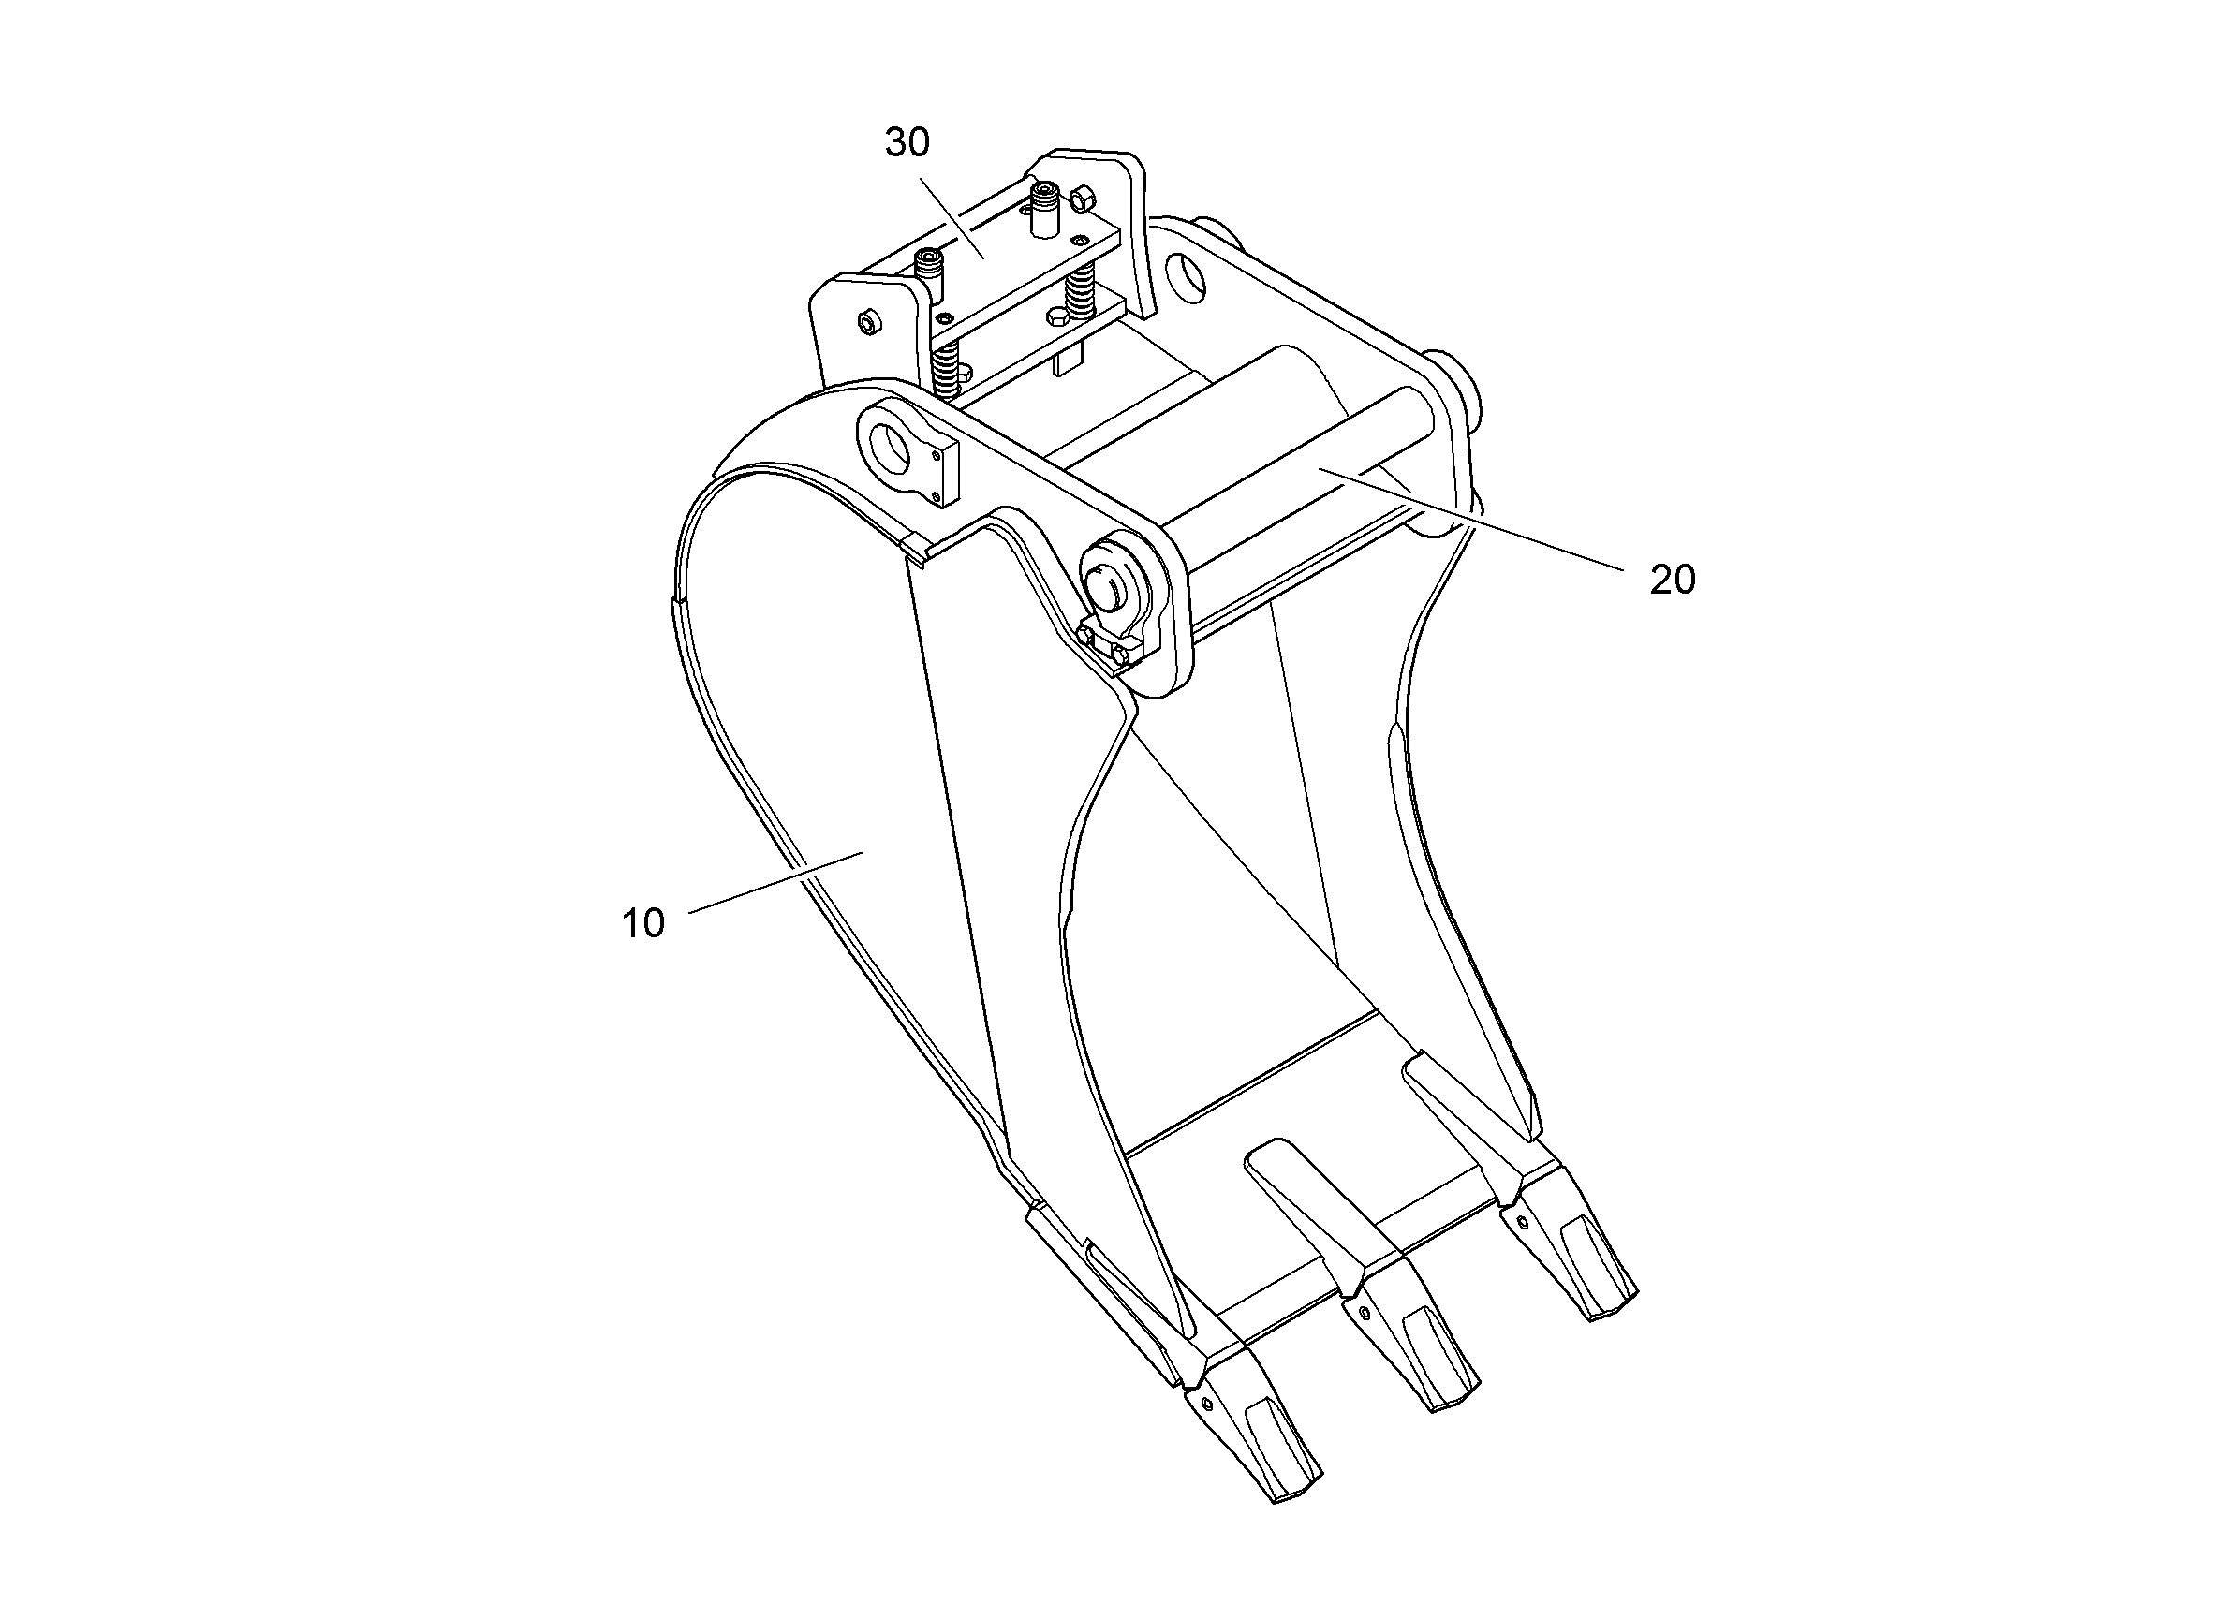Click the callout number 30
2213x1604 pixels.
907,143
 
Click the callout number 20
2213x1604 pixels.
1673,581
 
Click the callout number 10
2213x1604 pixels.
643,923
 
